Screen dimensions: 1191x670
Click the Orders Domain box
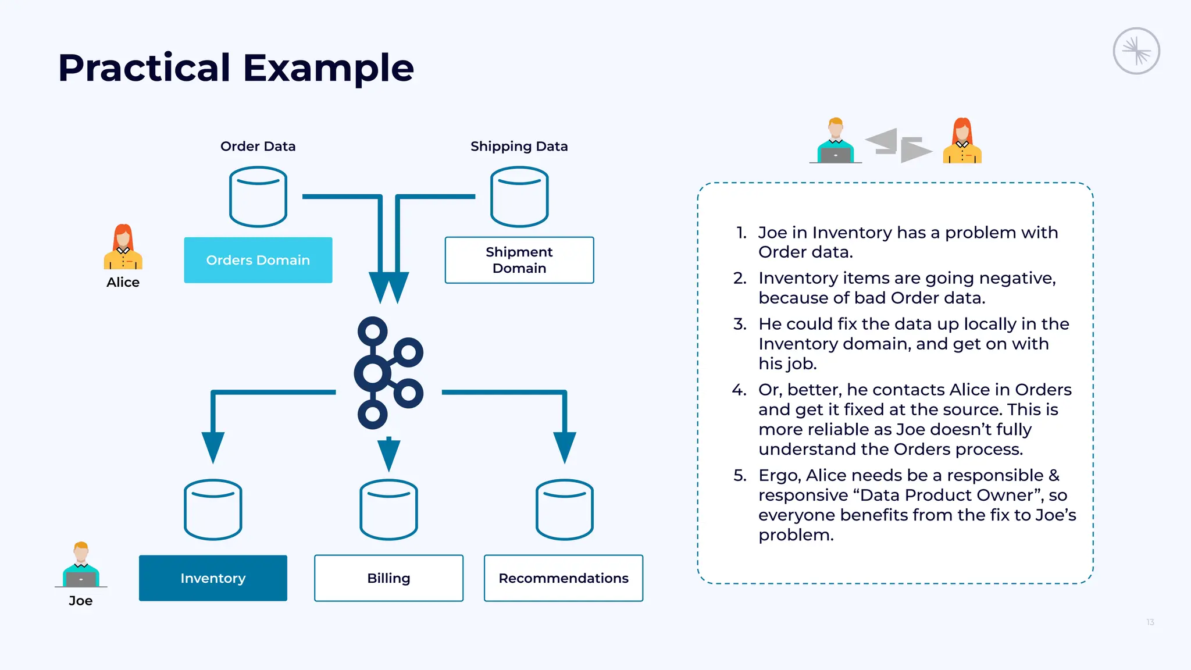258,260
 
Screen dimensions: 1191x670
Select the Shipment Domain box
519,260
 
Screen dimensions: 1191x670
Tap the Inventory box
213,578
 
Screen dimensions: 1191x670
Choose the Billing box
389,578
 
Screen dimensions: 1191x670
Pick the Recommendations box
564,578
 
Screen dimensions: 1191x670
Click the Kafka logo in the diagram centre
373,373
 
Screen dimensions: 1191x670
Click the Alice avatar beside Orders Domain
123,247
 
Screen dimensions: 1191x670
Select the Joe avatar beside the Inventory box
81,565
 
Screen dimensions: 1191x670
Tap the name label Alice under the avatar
123,282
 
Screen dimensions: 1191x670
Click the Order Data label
258,146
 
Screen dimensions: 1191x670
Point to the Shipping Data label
519,147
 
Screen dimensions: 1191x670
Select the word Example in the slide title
328,69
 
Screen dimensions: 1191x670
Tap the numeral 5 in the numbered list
739,475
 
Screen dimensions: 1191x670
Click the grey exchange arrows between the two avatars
898,145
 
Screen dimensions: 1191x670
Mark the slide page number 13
1150,622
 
